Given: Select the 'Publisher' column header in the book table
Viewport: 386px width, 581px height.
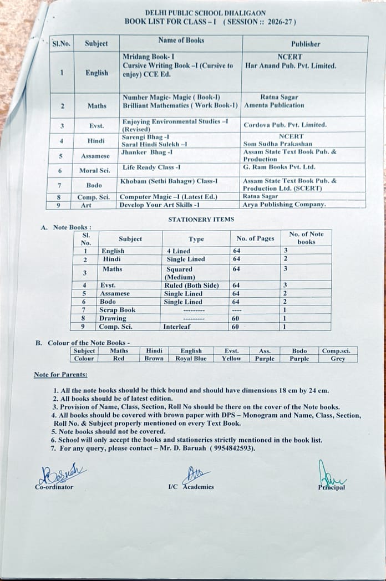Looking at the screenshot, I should pyautogui.click(x=305, y=44).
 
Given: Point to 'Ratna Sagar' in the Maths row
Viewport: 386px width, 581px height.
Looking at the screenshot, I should pyautogui.click(x=277, y=96).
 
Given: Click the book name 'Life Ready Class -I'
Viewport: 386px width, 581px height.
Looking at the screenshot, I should pyautogui.click(x=151, y=167).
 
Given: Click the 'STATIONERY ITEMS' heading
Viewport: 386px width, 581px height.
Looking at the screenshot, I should pyautogui.click(x=201, y=220).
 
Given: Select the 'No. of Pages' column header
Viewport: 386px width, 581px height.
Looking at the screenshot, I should pyautogui.click(x=255, y=238).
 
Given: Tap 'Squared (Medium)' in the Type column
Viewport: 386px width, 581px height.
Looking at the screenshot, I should pyautogui.click(x=180, y=273).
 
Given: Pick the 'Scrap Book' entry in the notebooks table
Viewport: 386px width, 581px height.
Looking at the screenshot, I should pyautogui.click(x=117, y=310).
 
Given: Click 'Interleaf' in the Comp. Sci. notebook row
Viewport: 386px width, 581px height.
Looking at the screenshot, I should pyautogui.click(x=178, y=327).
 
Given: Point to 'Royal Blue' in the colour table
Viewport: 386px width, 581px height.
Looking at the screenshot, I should pyautogui.click(x=191, y=359).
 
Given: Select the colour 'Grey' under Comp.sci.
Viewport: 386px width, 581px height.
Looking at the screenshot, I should pyautogui.click(x=338, y=359).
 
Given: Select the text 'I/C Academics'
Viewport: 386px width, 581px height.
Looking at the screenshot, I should pyautogui.click(x=191, y=487).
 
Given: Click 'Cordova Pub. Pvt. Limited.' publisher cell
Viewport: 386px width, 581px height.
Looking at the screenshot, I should pyautogui.click(x=285, y=125).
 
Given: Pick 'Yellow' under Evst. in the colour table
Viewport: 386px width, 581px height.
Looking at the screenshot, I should pyautogui.click(x=231, y=359).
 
